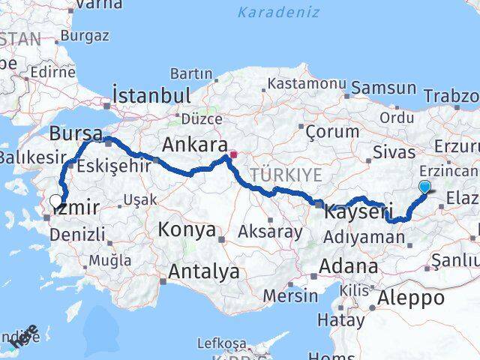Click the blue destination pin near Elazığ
(x=425, y=187)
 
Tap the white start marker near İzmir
(x=55, y=200)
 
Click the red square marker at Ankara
(x=234, y=155)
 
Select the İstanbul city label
(x=151, y=95)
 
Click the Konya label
(x=187, y=230)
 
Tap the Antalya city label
(x=203, y=271)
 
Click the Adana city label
(x=349, y=265)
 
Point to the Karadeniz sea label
(x=278, y=12)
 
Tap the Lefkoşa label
(x=220, y=343)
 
